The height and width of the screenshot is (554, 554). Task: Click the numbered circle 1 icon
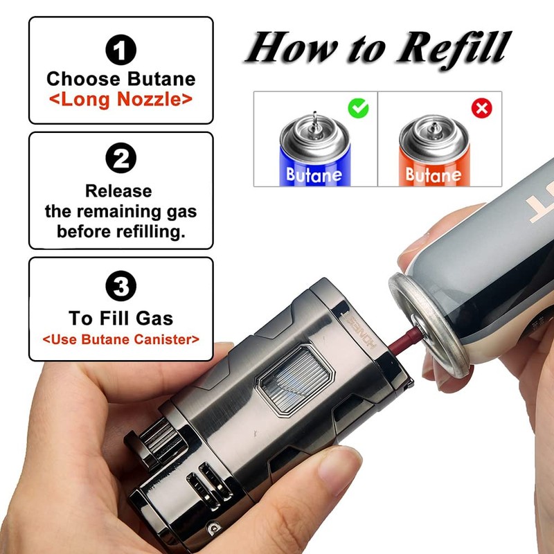pos(120,49)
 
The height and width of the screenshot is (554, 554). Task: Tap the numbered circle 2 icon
pos(120,161)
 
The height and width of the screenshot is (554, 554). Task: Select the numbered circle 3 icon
pos(120,285)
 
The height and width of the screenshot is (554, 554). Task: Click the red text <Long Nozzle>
pos(120,99)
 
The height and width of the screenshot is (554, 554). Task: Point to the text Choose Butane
pos(120,78)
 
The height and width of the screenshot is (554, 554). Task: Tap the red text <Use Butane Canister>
pos(120,339)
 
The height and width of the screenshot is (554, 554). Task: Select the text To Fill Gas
pos(120,318)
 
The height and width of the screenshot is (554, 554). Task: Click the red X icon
pos(481,108)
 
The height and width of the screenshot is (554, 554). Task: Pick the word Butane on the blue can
pos(314,175)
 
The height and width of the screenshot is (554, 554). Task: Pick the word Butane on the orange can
pos(433,175)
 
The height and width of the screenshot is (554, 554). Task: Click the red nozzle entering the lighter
pos(400,341)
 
